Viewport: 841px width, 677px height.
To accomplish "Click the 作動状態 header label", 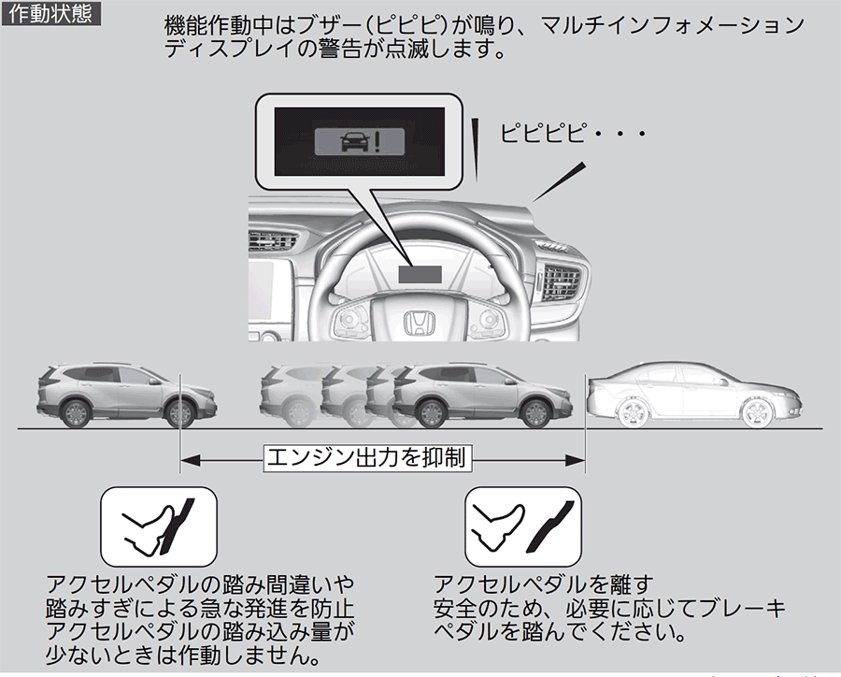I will tap(48, 15).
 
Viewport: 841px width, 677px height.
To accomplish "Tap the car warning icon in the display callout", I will tap(357, 141).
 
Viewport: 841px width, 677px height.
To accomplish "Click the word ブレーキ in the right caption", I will tap(745, 608).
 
